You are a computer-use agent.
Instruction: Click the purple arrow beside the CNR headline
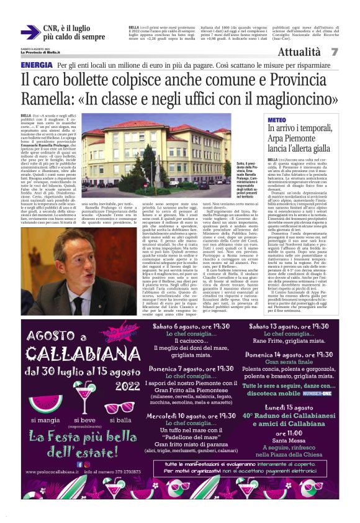click(30, 32)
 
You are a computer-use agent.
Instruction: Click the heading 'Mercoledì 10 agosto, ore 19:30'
click(187, 415)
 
